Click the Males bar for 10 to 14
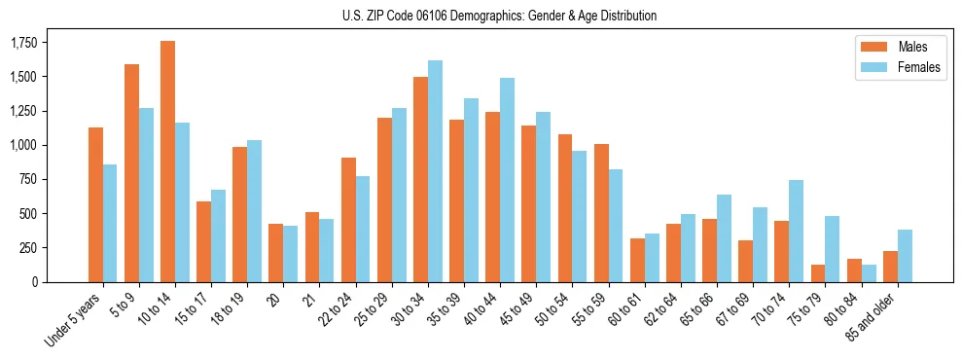[x=167, y=162]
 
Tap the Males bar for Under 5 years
[x=95, y=204]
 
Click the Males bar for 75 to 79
[x=818, y=273]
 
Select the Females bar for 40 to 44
[x=507, y=180]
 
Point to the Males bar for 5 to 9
[x=131, y=173]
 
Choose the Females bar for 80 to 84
[x=869, y=273]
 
